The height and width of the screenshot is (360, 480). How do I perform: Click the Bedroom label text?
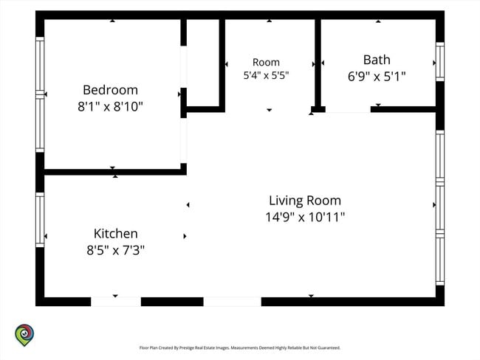110,90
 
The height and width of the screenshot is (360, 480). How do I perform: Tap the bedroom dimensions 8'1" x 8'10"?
110,107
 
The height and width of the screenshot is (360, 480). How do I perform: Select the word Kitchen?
115,234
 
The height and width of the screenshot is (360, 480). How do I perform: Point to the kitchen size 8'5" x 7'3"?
115,250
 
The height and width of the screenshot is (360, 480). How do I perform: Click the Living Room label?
305,201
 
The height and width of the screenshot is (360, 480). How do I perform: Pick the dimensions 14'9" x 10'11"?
305,217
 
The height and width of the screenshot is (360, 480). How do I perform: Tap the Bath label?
377,60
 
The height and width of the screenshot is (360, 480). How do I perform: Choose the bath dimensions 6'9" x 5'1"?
377,77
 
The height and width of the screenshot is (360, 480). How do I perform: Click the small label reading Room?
266,63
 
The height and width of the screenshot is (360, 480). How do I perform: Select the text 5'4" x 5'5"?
266,75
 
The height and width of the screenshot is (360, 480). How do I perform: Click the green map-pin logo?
24,335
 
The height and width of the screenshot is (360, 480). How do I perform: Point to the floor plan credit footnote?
240,347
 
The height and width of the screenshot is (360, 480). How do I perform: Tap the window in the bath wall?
440,61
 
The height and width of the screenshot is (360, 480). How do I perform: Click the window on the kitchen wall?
40,220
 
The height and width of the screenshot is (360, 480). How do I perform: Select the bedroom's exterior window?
40,94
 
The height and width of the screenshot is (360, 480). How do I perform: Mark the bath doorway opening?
348,109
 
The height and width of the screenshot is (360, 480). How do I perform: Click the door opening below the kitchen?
116,302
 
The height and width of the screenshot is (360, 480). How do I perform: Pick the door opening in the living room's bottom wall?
233,302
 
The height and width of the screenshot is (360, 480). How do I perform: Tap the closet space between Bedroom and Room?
202,63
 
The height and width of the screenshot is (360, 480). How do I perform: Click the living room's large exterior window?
440,208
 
